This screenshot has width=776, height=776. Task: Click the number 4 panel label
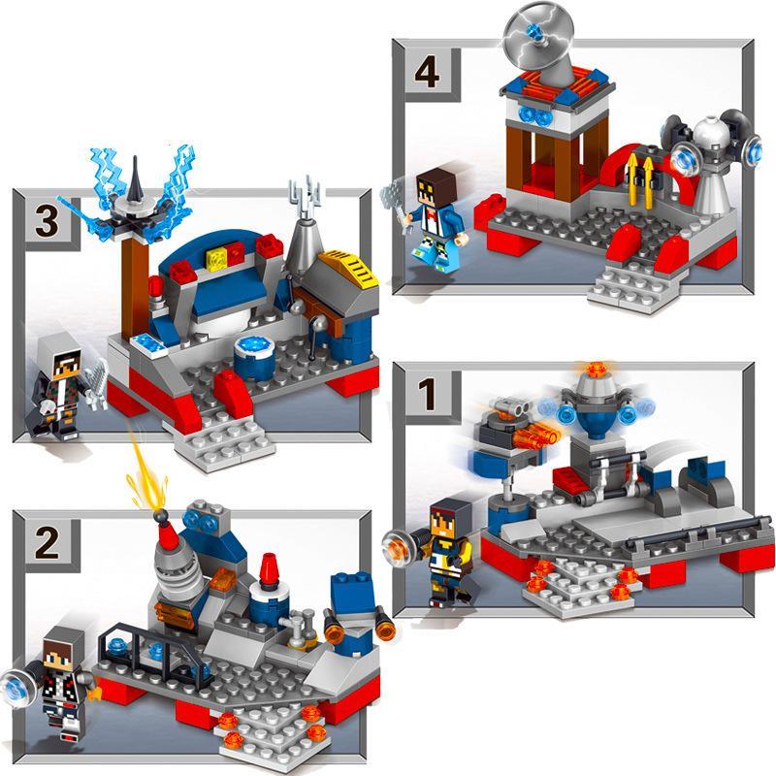(427, 73)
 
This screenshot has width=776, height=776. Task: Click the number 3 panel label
(47, 221)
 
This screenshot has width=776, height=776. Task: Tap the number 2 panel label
(47, 543)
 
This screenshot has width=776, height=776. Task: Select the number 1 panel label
(428, 395)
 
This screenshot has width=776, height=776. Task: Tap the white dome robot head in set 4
(711, 135)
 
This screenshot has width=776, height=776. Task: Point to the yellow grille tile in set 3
(350, 265)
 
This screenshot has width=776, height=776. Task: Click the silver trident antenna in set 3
(304, 197)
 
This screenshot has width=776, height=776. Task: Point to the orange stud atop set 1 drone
(596, 370)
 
